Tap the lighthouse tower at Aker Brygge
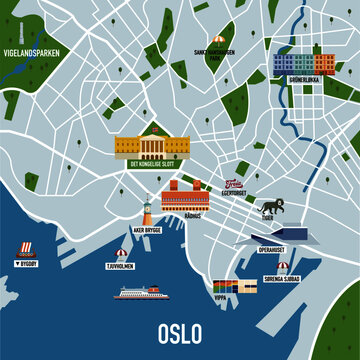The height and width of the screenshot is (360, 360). [x=146, y=208]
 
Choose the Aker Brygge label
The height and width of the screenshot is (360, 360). [x=146, y=230]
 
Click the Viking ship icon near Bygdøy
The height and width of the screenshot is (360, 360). [x=27, y=249]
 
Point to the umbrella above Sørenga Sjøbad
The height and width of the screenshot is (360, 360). [x=282, y=266]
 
